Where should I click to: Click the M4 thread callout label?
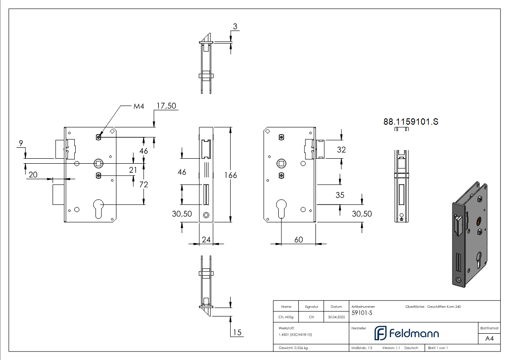139,106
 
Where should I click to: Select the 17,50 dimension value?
166,106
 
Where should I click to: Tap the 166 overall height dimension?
231,175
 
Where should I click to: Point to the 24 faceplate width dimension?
206,239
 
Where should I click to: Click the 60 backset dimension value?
299,239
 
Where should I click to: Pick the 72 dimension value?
144,185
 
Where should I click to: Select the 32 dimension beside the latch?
341,150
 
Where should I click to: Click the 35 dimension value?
340,195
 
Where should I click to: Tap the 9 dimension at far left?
21,143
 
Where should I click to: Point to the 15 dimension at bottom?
238,332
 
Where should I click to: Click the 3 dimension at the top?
235,26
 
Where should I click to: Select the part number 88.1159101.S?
411,122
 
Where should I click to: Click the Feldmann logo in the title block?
407,333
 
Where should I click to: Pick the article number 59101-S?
362,313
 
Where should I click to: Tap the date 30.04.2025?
336,317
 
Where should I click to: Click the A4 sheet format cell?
489,339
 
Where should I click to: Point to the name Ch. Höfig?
286,317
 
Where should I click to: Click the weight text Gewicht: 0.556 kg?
293,348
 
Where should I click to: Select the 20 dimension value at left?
33,175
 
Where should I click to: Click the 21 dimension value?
133,170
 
